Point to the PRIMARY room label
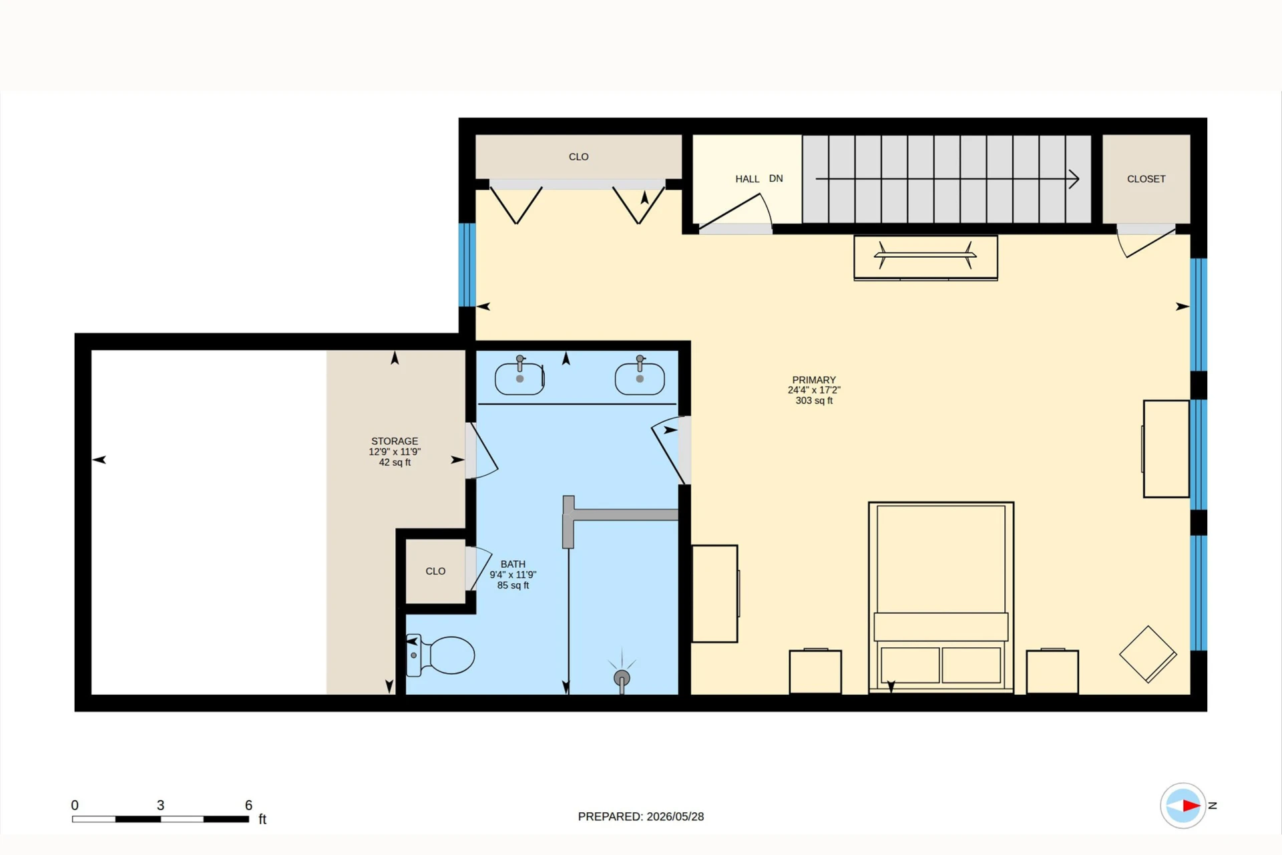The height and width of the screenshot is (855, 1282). [814, 379]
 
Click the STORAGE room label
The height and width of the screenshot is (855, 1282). [395, 441]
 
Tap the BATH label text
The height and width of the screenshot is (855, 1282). [513, 564]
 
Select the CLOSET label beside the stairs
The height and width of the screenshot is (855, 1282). [1146, 179]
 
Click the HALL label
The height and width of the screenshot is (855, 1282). [747, 179]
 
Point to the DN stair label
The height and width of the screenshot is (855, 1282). [776, 178]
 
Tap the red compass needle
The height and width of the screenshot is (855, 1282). [1192, 806]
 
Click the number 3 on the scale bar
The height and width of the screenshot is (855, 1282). [160, 805]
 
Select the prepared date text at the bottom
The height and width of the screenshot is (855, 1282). [641, 816]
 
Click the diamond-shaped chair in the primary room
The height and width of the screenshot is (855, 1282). [1148, 654]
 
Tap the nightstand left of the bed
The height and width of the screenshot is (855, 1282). [815, 671]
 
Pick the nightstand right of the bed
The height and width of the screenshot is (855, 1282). [1052, 671]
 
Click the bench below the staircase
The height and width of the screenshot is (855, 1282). [925, 257]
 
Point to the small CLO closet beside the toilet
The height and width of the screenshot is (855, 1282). [435, 571]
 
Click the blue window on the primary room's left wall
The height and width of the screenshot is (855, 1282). [467, 265]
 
